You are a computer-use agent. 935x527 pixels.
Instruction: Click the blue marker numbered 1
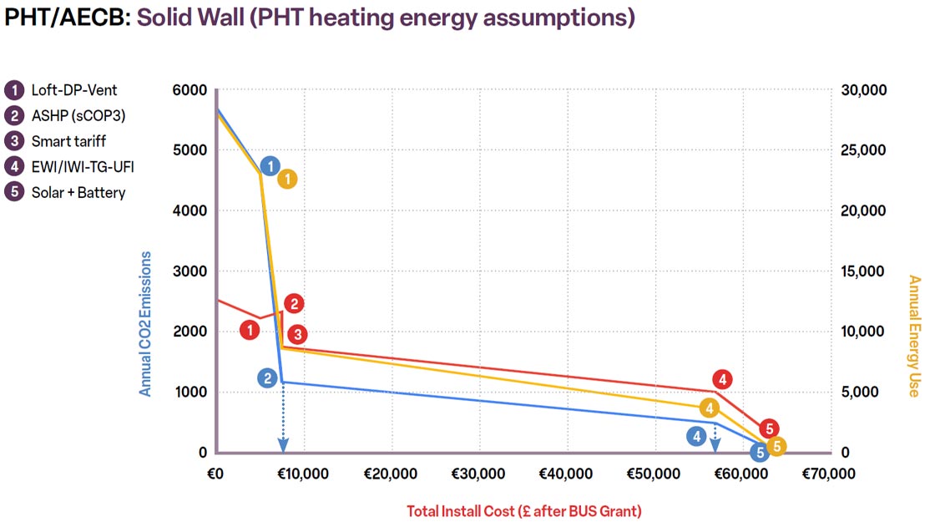coord(270,166)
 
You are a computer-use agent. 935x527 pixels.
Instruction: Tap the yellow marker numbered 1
coord(287,179)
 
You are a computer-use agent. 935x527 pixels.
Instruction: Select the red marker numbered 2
coord(294,304)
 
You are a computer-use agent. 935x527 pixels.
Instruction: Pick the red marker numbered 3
coord(297,335)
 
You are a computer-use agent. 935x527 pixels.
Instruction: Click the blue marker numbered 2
coord(268,378)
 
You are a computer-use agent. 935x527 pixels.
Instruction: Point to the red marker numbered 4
coord(722,379)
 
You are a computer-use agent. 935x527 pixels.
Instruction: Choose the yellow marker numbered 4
coord(709,409)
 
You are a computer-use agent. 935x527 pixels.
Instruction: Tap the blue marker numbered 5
coord(760,453)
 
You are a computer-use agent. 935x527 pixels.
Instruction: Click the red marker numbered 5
coord(769,428)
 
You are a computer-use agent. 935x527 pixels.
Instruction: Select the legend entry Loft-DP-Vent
coord(62,90)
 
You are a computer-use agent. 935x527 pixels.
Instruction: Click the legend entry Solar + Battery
coord(65,192)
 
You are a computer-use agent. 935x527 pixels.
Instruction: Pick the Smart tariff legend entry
coord(55,141)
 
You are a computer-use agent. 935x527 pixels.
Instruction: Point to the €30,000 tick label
coord(478,474)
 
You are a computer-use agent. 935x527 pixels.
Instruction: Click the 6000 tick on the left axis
coord(190,90)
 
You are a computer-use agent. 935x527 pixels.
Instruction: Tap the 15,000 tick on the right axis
coord(863,271)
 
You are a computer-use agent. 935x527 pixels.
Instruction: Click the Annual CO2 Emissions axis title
coord(145,323)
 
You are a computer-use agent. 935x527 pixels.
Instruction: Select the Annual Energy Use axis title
coord(913,336)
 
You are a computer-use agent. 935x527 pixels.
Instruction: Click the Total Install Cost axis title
coord(524,511)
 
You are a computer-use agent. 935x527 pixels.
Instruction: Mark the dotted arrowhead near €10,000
coord(283,444)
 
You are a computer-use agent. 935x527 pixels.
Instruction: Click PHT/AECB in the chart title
coord(68,18)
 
